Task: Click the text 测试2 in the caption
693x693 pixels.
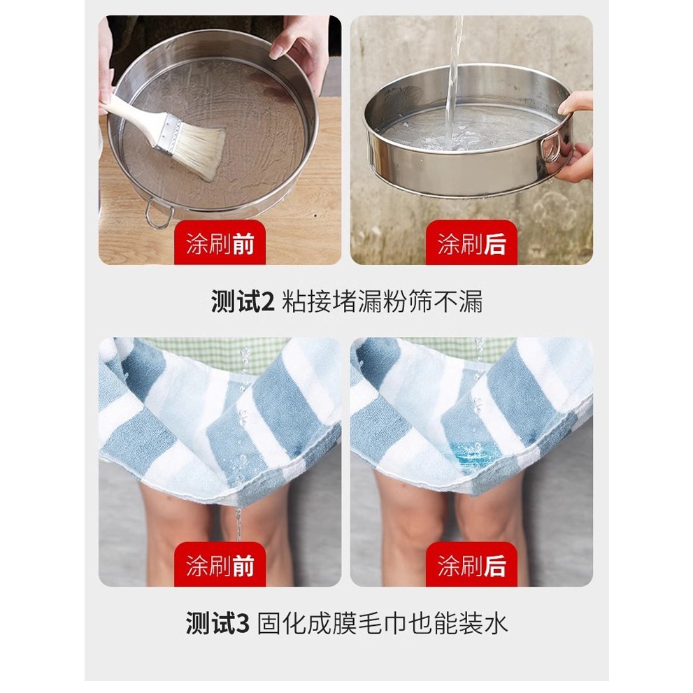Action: click(243, 302)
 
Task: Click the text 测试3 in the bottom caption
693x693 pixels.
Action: click(217, 624)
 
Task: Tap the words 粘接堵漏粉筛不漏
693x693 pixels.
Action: click(382, 302)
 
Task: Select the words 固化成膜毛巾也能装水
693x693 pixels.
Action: click(382, 624)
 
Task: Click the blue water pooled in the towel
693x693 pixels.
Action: click(471, 452)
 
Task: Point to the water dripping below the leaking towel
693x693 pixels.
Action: click(238, 524)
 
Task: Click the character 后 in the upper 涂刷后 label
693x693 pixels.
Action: click(495, 243)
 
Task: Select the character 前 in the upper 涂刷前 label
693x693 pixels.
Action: click(243, 243)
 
